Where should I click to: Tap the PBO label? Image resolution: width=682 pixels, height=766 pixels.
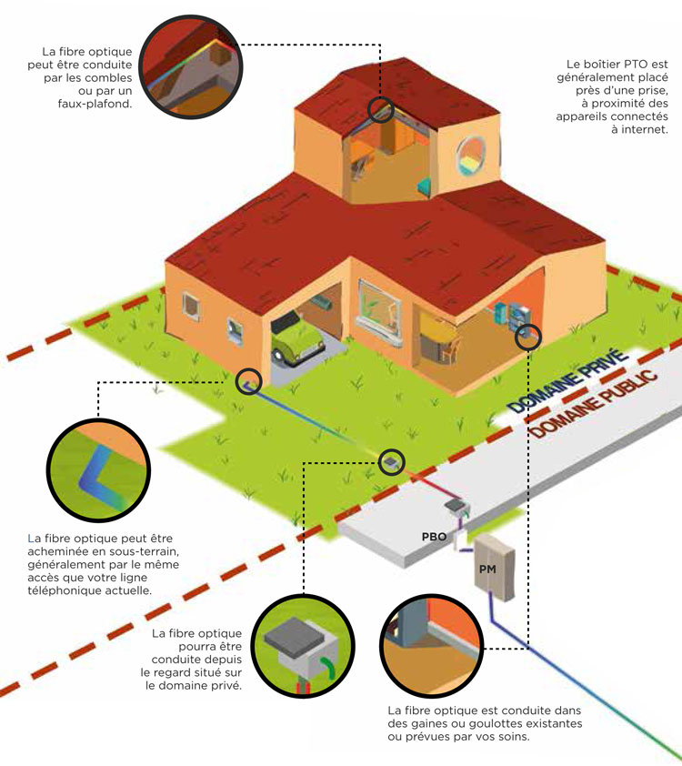click(x=434, y=537)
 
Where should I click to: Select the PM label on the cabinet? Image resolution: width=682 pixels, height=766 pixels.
click(x=488, y=569)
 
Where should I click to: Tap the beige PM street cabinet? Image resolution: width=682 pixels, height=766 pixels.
click(x=495, y=564)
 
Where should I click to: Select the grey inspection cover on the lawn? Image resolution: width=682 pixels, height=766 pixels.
click(x=391, y=462)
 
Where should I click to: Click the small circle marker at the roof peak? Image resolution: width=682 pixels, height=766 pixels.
click(x=381, y=110)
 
